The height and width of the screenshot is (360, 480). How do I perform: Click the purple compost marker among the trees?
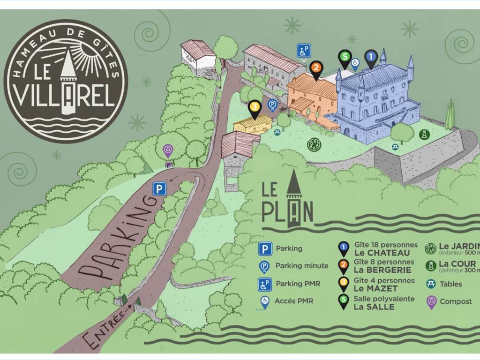168,150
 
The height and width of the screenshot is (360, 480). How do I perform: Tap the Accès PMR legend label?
294,301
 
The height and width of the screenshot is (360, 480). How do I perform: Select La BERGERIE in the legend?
376,270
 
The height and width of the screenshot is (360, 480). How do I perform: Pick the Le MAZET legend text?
369,288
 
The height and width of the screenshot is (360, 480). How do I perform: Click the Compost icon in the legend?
430,301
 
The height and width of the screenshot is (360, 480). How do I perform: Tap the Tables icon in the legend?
430,284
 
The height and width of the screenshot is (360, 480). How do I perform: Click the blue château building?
375,103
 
